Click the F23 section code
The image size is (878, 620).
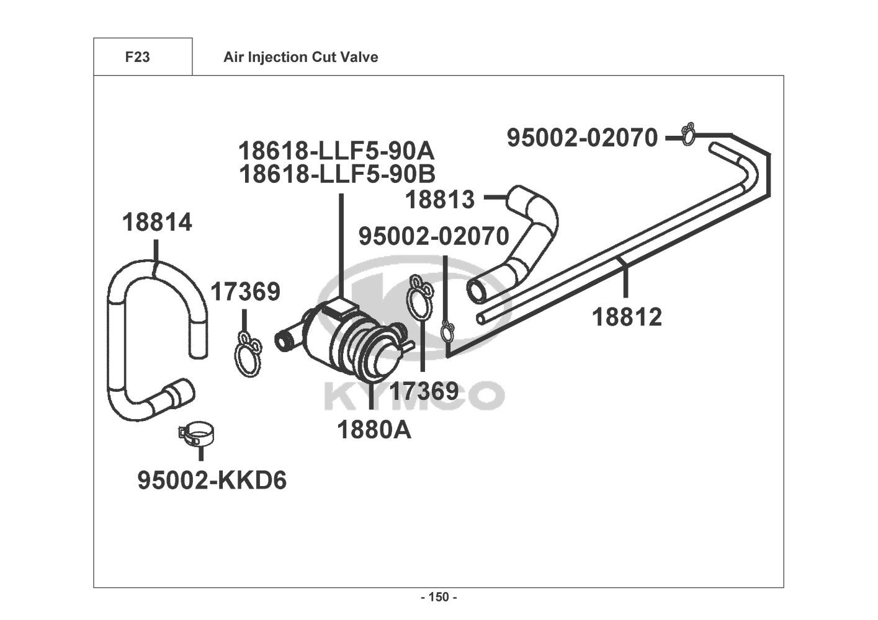click(137, 57)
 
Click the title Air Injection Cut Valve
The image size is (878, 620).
click(301, 57)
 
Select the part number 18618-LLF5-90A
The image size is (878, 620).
click(337, 151)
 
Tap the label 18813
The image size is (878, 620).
click(440, 200)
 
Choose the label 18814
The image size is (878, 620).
click(157, 223)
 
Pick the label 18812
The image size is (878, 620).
click(627, 317)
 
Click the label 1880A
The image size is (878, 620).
click(374, 430)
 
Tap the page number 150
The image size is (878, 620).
click(439, 597)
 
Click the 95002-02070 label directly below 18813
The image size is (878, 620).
click(434, 236)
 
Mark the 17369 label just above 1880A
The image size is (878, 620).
click(424, 391)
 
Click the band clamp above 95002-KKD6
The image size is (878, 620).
click(196, 435)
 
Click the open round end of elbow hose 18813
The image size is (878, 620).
click(477, 291)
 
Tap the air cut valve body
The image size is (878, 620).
click(345, 339)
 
